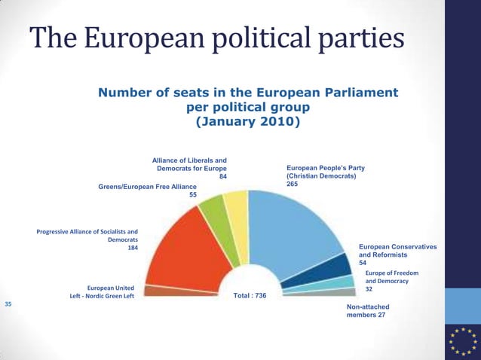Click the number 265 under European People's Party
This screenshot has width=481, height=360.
coord(293,185)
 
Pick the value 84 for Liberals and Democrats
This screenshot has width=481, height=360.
coord(222,178)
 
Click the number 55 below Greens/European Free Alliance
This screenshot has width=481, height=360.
coord(193,194)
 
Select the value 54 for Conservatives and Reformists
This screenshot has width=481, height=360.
coord(363,263)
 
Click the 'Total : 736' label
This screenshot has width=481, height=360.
coord(250,296)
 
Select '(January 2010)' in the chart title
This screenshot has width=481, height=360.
coord(247,121)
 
